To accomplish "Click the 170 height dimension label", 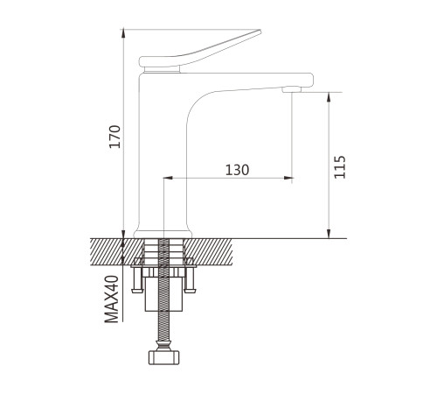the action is point(114,137).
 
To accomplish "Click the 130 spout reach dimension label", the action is point(238,170).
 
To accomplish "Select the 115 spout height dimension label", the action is point(340,167).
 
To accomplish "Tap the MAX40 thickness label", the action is point(112,299).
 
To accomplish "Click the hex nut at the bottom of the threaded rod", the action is point(163,357).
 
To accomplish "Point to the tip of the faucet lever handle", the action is point(260,31).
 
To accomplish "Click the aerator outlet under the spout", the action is point(291,89).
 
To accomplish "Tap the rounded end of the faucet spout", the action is point(310,80).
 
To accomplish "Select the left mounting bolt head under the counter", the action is point(137,291).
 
